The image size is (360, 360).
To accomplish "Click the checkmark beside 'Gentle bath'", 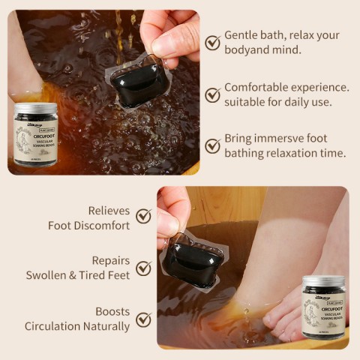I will point(213,43).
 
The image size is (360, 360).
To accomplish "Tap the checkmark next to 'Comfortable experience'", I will point(213,94).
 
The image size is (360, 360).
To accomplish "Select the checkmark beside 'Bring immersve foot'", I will point(213,146).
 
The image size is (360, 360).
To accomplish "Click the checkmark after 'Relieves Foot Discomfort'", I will point(143,217).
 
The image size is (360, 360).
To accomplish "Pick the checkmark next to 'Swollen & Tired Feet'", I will point(143,268).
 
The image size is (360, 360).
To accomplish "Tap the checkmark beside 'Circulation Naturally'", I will point(143,319).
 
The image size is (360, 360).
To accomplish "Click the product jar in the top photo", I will point(36,135).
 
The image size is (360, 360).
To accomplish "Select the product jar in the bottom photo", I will point(323,307).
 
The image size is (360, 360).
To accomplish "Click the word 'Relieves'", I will point(109,211).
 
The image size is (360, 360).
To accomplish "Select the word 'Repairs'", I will point(110,261).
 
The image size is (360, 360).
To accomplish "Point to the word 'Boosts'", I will point(112,311).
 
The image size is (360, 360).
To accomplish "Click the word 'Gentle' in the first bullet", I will point(241,35).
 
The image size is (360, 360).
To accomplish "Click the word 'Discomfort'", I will point(101,225).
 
